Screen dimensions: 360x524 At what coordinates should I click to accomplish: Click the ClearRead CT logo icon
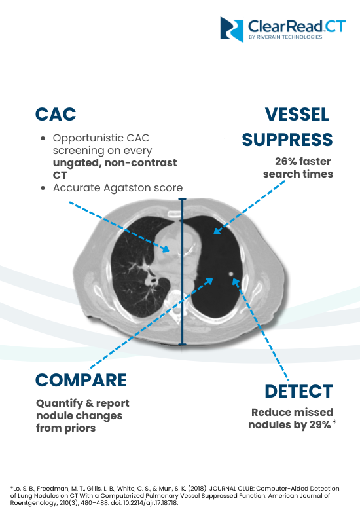[x=232, y=29]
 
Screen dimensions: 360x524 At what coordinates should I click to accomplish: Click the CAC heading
[x=56, y=114]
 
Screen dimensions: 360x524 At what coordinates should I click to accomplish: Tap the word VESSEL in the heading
[x=297, y=115]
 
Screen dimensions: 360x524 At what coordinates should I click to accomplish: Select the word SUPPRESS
[x=287, y=140]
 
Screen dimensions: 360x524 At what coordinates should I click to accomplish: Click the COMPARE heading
[x=81, y=381]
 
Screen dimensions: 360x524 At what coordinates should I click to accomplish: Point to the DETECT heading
[x=298, y=391]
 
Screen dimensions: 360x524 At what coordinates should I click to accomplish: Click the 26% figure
[x=285, y=161]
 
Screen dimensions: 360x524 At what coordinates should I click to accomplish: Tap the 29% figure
[x=320, y=424]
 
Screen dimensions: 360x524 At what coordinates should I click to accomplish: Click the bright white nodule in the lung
[x=231, y=274]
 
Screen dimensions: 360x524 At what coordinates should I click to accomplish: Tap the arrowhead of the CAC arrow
[x=166, y=248]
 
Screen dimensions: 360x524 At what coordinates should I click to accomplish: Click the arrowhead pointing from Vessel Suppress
[x=217, y=231]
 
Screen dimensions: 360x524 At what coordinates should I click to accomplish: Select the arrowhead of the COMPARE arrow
[x=209, y=281]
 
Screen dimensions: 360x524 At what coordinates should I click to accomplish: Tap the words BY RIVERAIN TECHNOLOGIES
[x=285, y=37]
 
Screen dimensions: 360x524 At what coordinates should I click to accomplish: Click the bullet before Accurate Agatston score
[x=43, y=188]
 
